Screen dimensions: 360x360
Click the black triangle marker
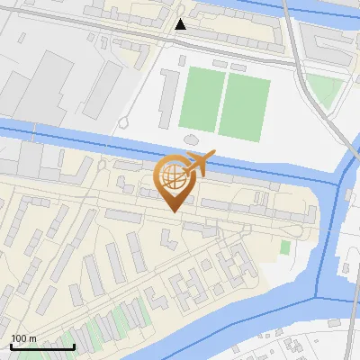(181, 24)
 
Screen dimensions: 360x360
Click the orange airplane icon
(197, 164)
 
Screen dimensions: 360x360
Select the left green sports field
(201, 99)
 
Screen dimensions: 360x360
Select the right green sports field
(245, 105)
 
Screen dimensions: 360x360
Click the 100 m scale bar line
(42, 346)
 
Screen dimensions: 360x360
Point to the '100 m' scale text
(23, 338)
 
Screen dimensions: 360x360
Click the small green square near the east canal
(285, 247)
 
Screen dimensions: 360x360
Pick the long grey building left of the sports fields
(168, 97)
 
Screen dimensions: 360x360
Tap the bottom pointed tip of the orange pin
(173, 211)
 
